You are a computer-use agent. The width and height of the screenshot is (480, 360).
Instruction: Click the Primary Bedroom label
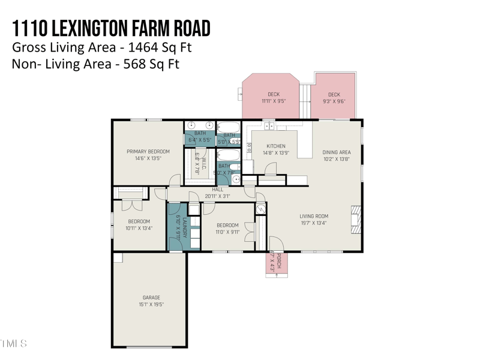[x=148, y=152]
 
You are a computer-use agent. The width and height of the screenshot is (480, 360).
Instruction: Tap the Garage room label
[x=151, y=298]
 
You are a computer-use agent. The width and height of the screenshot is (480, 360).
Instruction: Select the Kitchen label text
[x=276, y=146]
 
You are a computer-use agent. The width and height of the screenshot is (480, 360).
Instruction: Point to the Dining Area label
[x=336, y=152]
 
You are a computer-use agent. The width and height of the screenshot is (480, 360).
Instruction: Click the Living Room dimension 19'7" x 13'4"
[x=313, y=223]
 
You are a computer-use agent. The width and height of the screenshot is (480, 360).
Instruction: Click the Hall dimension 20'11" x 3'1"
[x=217, y=196]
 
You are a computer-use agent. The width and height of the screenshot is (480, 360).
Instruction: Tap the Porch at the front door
[x=276, y=263]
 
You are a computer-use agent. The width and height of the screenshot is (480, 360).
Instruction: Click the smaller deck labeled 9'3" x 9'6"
[x=334, y=98]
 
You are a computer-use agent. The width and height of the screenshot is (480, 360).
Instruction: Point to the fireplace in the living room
[x=356, y=220]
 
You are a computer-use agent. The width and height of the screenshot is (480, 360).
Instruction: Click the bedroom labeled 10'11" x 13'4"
[x=139, y=224]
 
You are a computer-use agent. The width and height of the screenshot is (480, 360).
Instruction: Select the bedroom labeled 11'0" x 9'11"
[x=227, y=229]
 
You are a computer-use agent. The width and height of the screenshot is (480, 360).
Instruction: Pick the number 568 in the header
[x=134, y=64]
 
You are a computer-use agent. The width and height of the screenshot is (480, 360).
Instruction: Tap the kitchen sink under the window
[x=269, y=127]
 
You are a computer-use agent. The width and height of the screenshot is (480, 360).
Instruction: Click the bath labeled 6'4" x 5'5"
[x=200, y=137]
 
